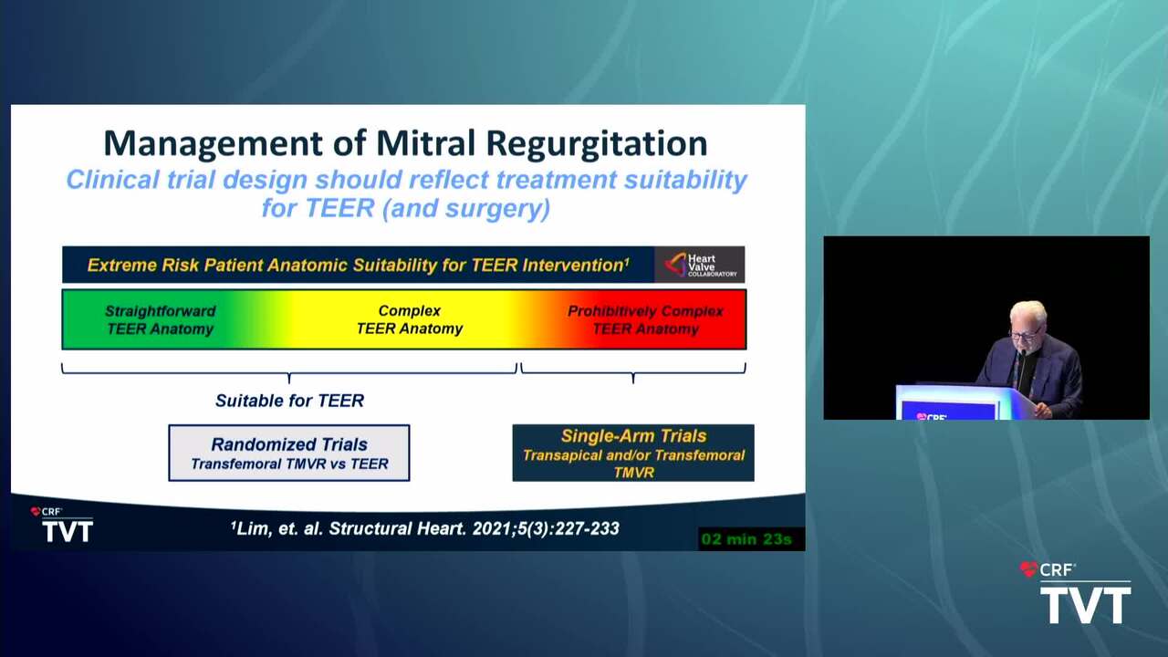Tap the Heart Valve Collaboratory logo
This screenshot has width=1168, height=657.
[x=700, y=265]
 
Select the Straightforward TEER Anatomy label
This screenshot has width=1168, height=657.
[x=160, y=319]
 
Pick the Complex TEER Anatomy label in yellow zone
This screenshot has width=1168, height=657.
[x=410, y=319]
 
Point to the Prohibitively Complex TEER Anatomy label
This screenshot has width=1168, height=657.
[x=645, y=319]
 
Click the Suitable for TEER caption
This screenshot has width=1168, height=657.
[x=289, y=401]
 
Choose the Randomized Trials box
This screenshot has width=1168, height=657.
[x=289, y=453]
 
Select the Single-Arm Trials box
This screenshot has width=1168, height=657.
[x=633, y=453]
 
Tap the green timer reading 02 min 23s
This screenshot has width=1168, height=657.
[x=746, y=538]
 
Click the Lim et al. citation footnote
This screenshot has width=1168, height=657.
[x=425, y=528]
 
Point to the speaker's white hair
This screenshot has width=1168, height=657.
[x=1027, y=312]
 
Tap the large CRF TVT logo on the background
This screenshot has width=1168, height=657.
[x=1076, y=593]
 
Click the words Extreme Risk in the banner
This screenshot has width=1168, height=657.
[x=143, y=265]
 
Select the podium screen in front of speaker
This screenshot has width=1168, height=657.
[x=947, y=411]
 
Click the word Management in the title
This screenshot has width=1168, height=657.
[x=213, y=144]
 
